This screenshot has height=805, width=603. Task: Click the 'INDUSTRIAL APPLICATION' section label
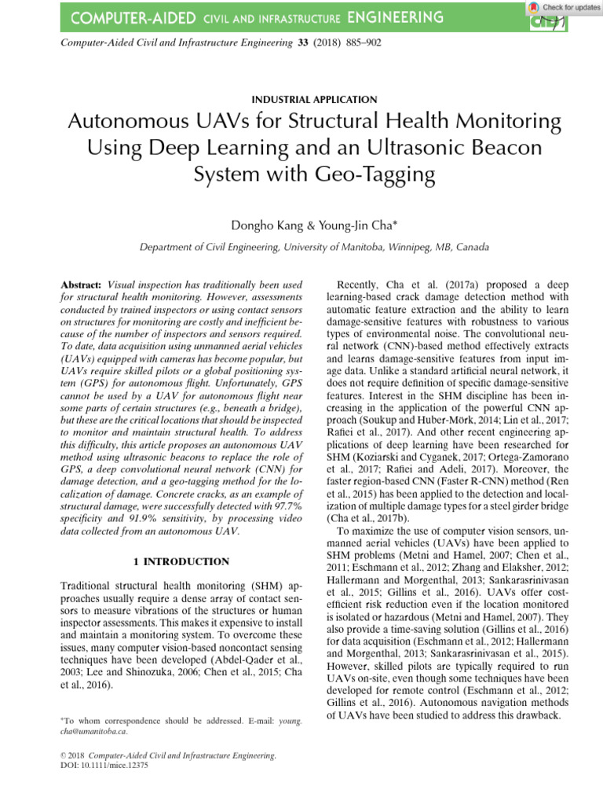[x=314, y=99]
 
